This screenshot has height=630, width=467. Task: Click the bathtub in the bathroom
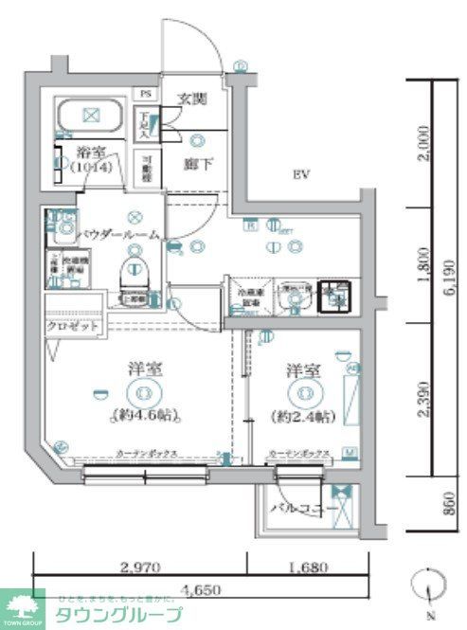click(x=91, y=117)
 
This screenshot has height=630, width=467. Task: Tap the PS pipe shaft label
click(x=146, y=94)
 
